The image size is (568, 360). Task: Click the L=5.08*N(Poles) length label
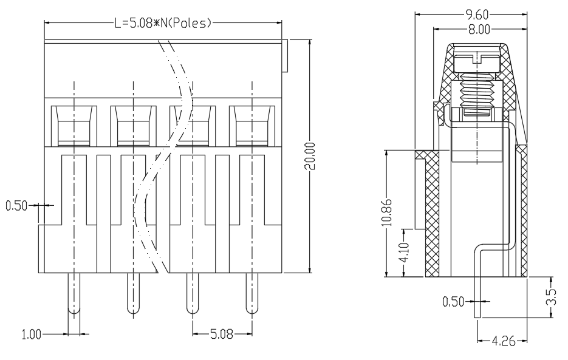tap(163, 24)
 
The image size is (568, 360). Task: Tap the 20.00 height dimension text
tap(310, 156)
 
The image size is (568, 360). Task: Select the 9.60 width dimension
tap(477, 15)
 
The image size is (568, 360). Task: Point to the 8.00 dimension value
tap(479, 29)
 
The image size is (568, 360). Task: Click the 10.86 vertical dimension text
tap(387, 212)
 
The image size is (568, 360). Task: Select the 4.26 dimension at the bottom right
tap(504, 341)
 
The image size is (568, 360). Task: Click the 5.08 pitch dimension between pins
tap(222, 334)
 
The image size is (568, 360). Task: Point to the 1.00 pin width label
tap(32, 335)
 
